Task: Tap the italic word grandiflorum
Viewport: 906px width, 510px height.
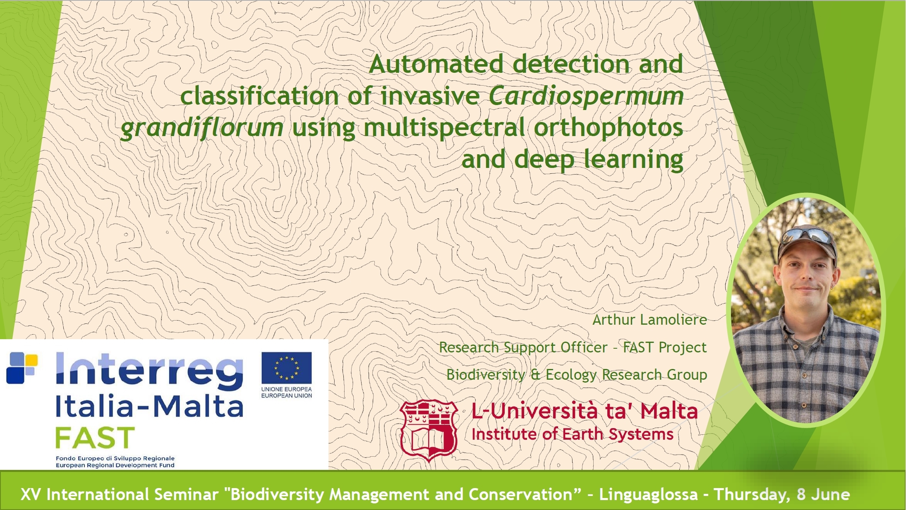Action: (202, 128)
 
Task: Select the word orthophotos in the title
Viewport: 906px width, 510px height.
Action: (609, 128)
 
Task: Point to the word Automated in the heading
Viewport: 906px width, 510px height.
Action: (436, 64)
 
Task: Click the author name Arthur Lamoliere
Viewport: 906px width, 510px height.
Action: (650, 320)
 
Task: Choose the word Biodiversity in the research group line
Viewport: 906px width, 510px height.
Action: (486, 374)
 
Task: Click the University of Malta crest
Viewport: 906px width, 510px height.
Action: (429, 431)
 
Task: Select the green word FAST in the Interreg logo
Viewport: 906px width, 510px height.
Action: (95, 438)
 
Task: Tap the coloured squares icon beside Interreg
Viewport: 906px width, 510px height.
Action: (22, 368)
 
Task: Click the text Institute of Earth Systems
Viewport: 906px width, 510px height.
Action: (573, 434)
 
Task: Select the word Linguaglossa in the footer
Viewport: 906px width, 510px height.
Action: (648, 494)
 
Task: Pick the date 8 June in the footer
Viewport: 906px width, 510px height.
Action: (823, 494)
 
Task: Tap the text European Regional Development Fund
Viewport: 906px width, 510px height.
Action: (115, 465)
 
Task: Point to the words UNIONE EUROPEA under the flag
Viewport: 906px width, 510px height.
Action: (286, 389)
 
